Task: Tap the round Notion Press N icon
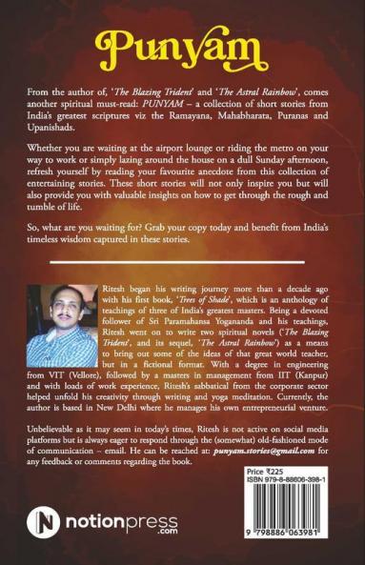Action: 43,523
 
